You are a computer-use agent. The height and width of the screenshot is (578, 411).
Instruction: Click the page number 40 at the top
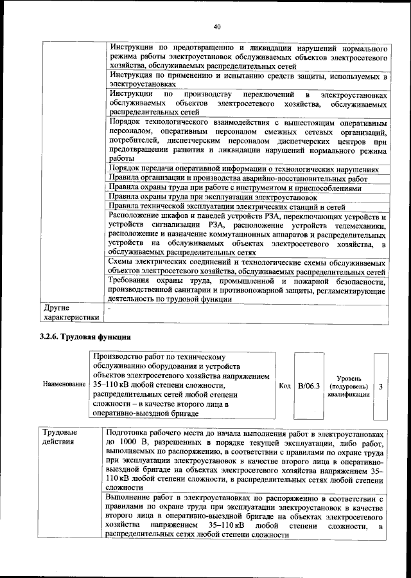tap(216, 26)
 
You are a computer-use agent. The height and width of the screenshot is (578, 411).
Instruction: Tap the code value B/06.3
tap(309, 386)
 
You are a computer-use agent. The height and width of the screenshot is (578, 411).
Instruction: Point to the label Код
tap(286, 386)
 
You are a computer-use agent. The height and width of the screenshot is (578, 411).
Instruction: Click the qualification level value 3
tap(381, 386)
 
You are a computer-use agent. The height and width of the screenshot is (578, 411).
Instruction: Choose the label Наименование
tap(64, 383)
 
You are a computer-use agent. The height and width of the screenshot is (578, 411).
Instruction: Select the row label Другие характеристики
tap(70, 312)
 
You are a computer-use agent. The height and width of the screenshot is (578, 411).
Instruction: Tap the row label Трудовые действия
tap(60, 437)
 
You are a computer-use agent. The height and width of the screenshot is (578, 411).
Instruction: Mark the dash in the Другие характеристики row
tap(109, 309)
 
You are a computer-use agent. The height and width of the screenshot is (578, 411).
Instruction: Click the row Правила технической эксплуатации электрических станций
tap(236, 207)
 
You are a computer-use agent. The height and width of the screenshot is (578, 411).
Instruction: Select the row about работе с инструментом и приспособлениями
tap(235, 188)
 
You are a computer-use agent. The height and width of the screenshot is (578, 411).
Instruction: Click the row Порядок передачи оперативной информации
tap(244, 168)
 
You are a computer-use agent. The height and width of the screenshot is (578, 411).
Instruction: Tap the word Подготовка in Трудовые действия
tap(130, 433)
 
